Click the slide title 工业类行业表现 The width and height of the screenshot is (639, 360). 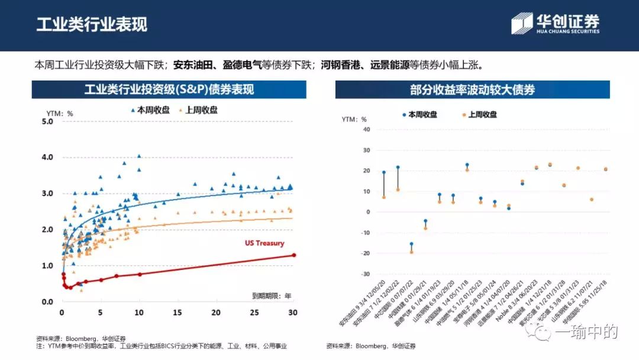[x=92, y=24]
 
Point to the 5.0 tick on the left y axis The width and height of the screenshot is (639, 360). [x=47, y=121]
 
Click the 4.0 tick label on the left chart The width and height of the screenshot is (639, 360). [x=47, y=157]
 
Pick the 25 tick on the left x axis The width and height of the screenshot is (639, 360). [x=254, y=313]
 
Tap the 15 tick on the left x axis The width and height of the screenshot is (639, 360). [x=177, y=313]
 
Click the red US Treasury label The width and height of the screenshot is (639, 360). [x=264, y=243]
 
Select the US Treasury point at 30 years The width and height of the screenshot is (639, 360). [x=293, y=255]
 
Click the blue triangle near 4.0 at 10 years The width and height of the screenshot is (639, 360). [x=139, y=156]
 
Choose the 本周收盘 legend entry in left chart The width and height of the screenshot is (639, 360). [x=150, y=110]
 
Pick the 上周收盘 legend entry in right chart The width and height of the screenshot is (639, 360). [x=480, y=114]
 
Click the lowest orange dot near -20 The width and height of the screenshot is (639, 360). [x=411, y=252]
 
